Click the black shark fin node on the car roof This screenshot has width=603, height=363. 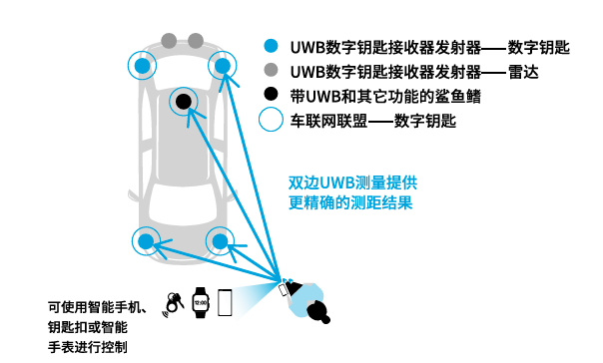click(x=184, y=102)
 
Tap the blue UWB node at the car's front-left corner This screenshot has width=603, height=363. click(x=143, y=66)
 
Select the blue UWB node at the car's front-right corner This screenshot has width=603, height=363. click(x=223, y=66)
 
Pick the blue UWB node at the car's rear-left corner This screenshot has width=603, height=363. click(x=146, y=241)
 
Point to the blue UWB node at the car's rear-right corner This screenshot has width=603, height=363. click(x=220, y=241)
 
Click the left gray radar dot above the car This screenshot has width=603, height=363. click(x=169, y=41)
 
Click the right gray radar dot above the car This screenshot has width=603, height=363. click(x=196, y=41)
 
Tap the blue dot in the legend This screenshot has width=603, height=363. click(x=271, y=46)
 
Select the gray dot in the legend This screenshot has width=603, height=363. click(x=271, y=70)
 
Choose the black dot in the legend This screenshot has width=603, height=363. click(x=271, y=94)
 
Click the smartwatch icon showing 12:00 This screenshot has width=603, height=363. click(x=201, y=303)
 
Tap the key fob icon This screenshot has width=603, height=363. click(x=174, y=303)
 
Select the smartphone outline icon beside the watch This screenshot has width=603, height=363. click(x=225, y=303)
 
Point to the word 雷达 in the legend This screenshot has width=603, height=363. click(x=523, y=72)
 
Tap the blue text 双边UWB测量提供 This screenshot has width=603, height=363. click(x=352, y=182)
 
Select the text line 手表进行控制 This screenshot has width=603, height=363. click(x=87, y=347)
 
